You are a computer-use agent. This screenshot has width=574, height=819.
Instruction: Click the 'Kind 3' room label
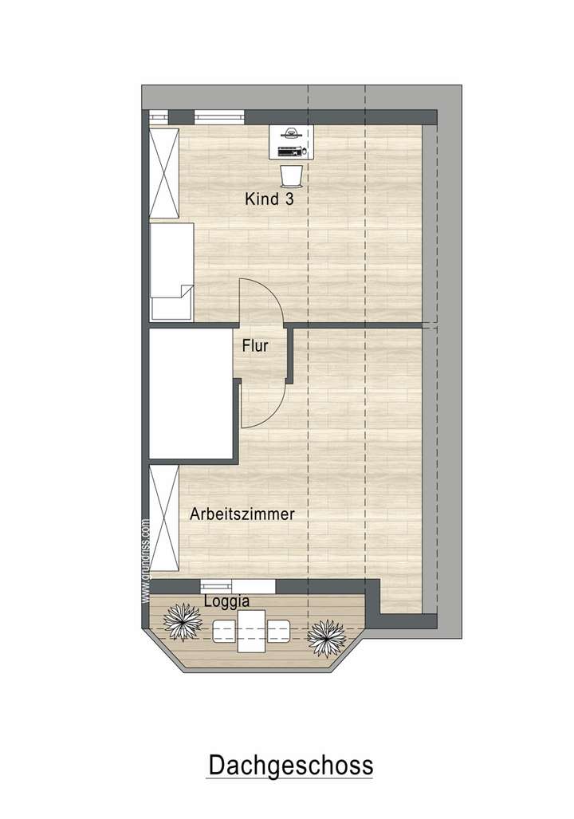click(269, 199)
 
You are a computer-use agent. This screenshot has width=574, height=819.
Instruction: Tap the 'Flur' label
click(255, 346)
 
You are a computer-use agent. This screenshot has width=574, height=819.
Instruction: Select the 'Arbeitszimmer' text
click(242, 514)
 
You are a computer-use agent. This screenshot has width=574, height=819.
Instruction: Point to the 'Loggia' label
click(227, 601)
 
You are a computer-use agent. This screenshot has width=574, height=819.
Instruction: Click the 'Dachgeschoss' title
click(290, 766)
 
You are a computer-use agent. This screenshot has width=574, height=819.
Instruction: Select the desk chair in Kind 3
click(291, 173)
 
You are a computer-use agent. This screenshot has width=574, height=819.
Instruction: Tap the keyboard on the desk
click(289, 150)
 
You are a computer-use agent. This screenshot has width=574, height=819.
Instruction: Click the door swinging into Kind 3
click(261, 301)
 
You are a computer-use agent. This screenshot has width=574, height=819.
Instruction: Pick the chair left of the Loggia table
click(222, 631)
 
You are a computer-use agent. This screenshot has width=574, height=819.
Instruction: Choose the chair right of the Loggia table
click(278, 631)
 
